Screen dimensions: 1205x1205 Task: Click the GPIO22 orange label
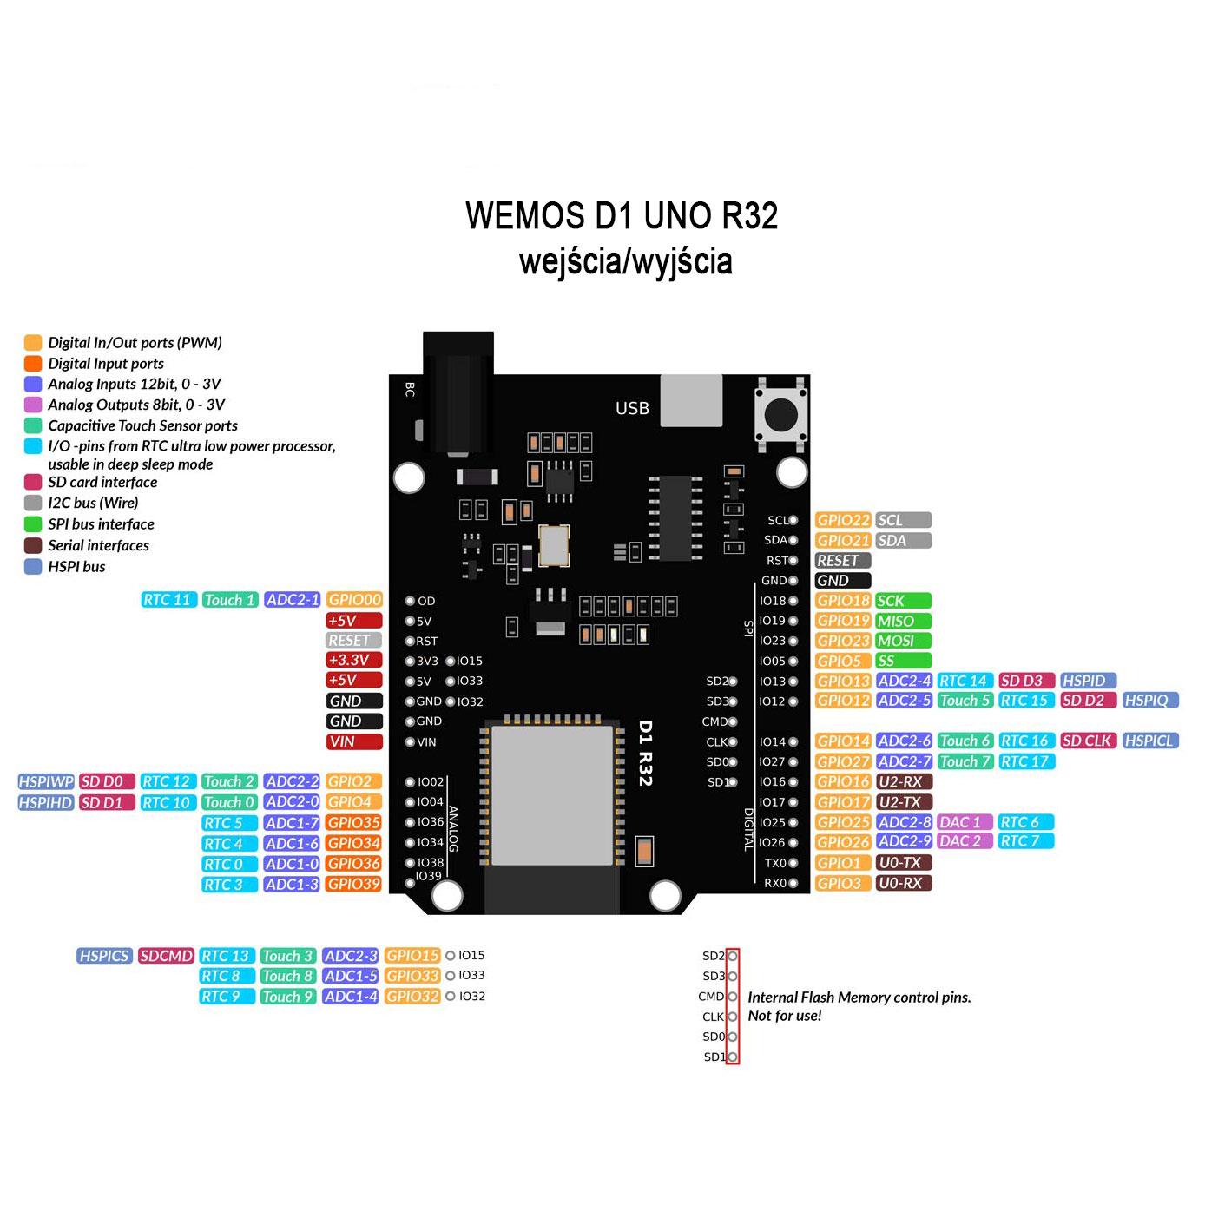pyautogui.click(x=843, y=520)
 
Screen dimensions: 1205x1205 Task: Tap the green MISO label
pyautogui.click(x=903, y=621)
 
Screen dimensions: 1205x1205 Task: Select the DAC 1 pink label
pyautogui.click(x=965, y=822)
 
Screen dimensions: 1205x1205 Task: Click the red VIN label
pyautogui.click(x=354, y=742)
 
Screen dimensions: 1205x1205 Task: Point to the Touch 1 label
pyautogui.click(x=230, y=600)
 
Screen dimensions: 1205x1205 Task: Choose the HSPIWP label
pyautogui.click(x=46, y=782)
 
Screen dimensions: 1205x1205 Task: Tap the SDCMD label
pyautogui.click(x=166, y=956)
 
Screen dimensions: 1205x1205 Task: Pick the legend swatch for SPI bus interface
pyautogui.click(x=33, y=524)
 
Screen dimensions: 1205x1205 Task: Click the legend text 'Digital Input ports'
pyautogui.click(x=106, y=364)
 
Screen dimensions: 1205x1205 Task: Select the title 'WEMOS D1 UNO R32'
pyautogui.click(x=622, y=215)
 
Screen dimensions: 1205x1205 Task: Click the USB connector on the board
pyautogui.click(x=691, y=401)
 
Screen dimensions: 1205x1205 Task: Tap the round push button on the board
pyautogui.click(x=781, y=414)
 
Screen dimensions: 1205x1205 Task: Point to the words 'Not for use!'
pyautogui.click(x=785, y=1016)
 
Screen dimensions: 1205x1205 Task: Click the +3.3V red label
pyautogui.click(x=354, y=661)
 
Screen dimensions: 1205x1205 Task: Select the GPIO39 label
pyautogui.click(x=354, y=885)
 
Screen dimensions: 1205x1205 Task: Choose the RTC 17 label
pyautogui.click(x=1025, y=762)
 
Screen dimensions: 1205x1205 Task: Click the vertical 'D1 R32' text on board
pyautogui.click(x=645, y=754)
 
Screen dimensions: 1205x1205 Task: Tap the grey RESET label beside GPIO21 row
pyautogui.click(x=843, y=561)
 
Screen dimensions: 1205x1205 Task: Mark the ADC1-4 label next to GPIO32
pyautogui.click(x=351, y=997)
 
